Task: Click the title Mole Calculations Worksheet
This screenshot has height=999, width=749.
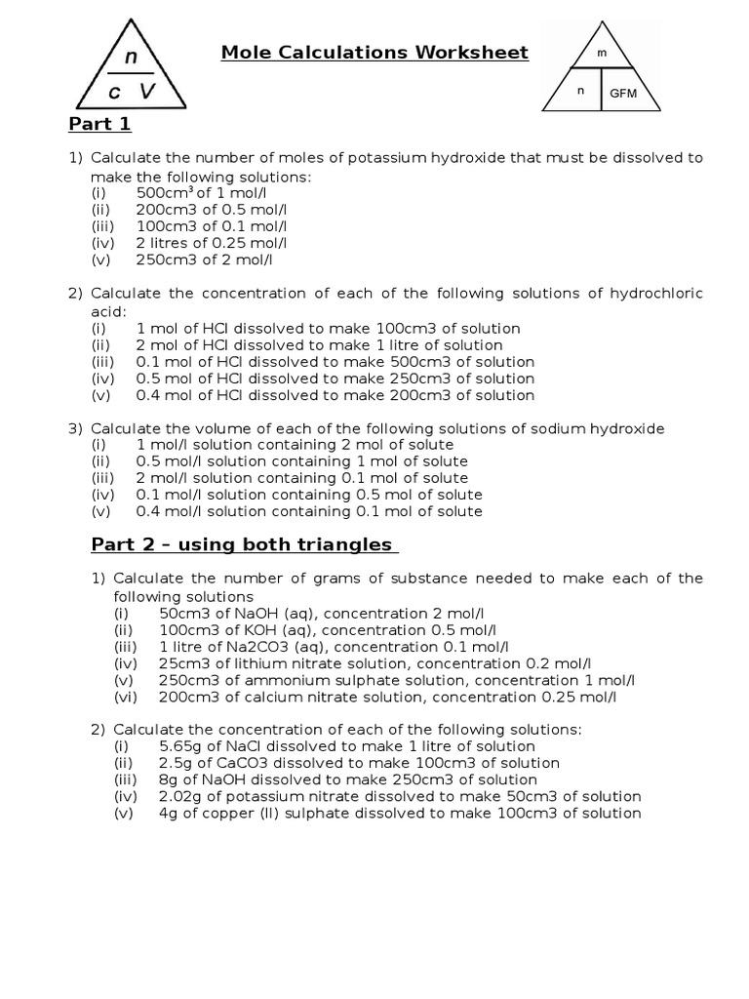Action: [374, 53]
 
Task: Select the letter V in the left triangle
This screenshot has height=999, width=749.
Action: [147, 91]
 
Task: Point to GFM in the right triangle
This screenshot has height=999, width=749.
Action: [623, 94]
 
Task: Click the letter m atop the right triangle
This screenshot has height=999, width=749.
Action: [602, 55]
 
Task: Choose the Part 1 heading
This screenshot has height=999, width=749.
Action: [99, 124]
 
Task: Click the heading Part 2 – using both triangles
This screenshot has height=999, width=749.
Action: [242, 544]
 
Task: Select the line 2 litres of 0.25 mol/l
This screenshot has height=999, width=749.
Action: [212, 243]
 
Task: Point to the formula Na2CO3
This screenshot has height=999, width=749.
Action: [234, 647]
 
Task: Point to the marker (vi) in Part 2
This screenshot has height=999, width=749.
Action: [126, 697]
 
